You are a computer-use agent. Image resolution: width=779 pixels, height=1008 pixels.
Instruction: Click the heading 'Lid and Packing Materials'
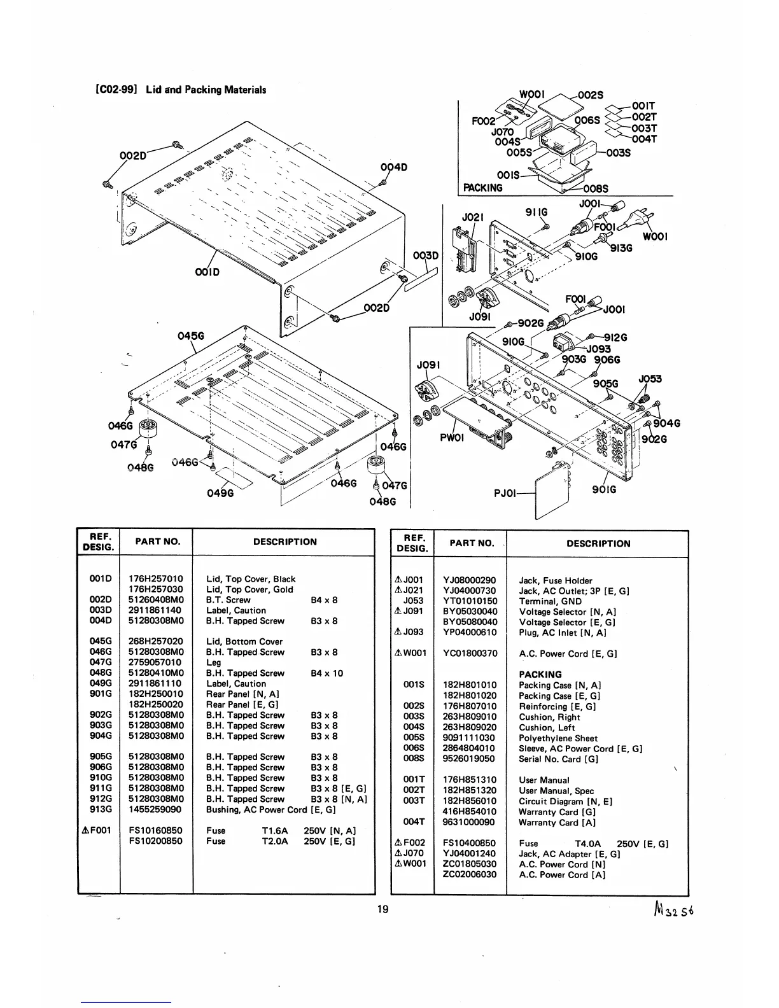(x=206, y=90)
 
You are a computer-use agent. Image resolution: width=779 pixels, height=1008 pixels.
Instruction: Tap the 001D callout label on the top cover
(x=207, y=272)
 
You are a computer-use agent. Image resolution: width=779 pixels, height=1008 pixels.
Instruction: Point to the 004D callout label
(x=393, y=167)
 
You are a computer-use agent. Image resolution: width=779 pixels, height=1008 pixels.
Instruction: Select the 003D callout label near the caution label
(x=426, y=256)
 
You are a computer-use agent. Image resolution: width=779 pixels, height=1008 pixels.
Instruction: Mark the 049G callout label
(x=220, y=493)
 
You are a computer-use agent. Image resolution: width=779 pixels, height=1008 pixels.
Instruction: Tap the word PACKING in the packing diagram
(x=482, y=188)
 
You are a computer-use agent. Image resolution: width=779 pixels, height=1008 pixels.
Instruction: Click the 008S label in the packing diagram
(x=596, y=188)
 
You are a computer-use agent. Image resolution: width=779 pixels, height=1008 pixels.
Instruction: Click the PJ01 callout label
(x=507, y=492)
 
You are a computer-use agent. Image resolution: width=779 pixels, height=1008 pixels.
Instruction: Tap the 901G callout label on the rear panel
(x=604, y=489)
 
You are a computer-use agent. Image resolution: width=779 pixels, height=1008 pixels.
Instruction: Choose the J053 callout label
(x=650, y=379)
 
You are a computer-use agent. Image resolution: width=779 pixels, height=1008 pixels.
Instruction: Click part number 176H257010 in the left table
(x=156, y=579)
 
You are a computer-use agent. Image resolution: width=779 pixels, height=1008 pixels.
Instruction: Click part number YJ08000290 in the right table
(x=470, y=580)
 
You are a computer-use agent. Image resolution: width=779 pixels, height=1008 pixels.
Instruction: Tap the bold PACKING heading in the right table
(x=540, y=675)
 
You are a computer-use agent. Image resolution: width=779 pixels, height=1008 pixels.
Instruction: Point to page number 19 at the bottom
(x=382, y=909)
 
